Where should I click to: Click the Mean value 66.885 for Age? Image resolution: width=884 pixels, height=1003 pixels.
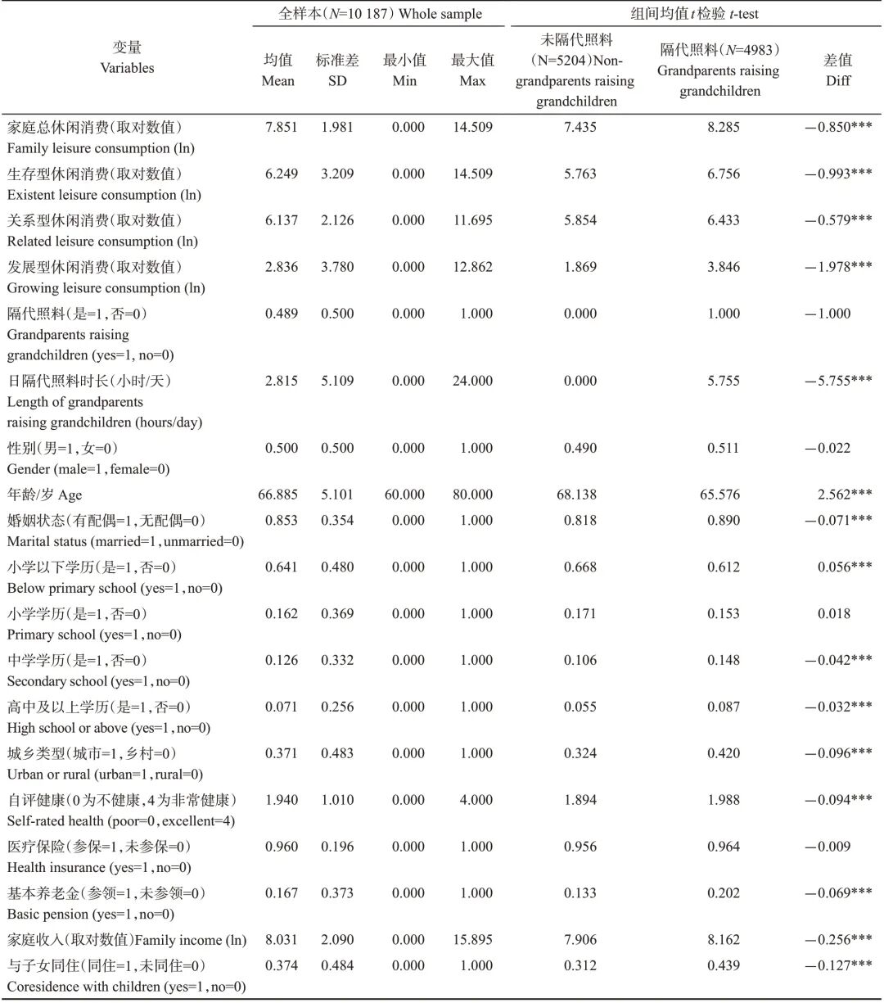click(x=278, y=495)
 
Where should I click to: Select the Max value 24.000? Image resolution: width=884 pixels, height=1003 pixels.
click(x=473, y=381)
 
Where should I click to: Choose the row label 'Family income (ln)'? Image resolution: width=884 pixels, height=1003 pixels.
click(x=127, y=940)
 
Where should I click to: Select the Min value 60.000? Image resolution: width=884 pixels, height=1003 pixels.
click(x=404, y=495)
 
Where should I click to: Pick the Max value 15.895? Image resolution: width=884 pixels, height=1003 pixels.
click(x=473, y=940)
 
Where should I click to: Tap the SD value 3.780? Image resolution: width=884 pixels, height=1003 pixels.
click(x=337, y=267)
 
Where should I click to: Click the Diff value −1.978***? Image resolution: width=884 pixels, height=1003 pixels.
click(x=838, y=267)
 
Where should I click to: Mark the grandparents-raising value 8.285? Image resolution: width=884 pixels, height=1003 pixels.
click(x=724, y=127)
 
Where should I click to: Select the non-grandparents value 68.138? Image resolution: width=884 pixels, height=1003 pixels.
click(x=580, y=495)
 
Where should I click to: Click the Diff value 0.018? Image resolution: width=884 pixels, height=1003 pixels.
click(x=833, y=613)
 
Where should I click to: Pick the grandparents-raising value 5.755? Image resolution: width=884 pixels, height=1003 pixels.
click(x=724, y=381)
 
